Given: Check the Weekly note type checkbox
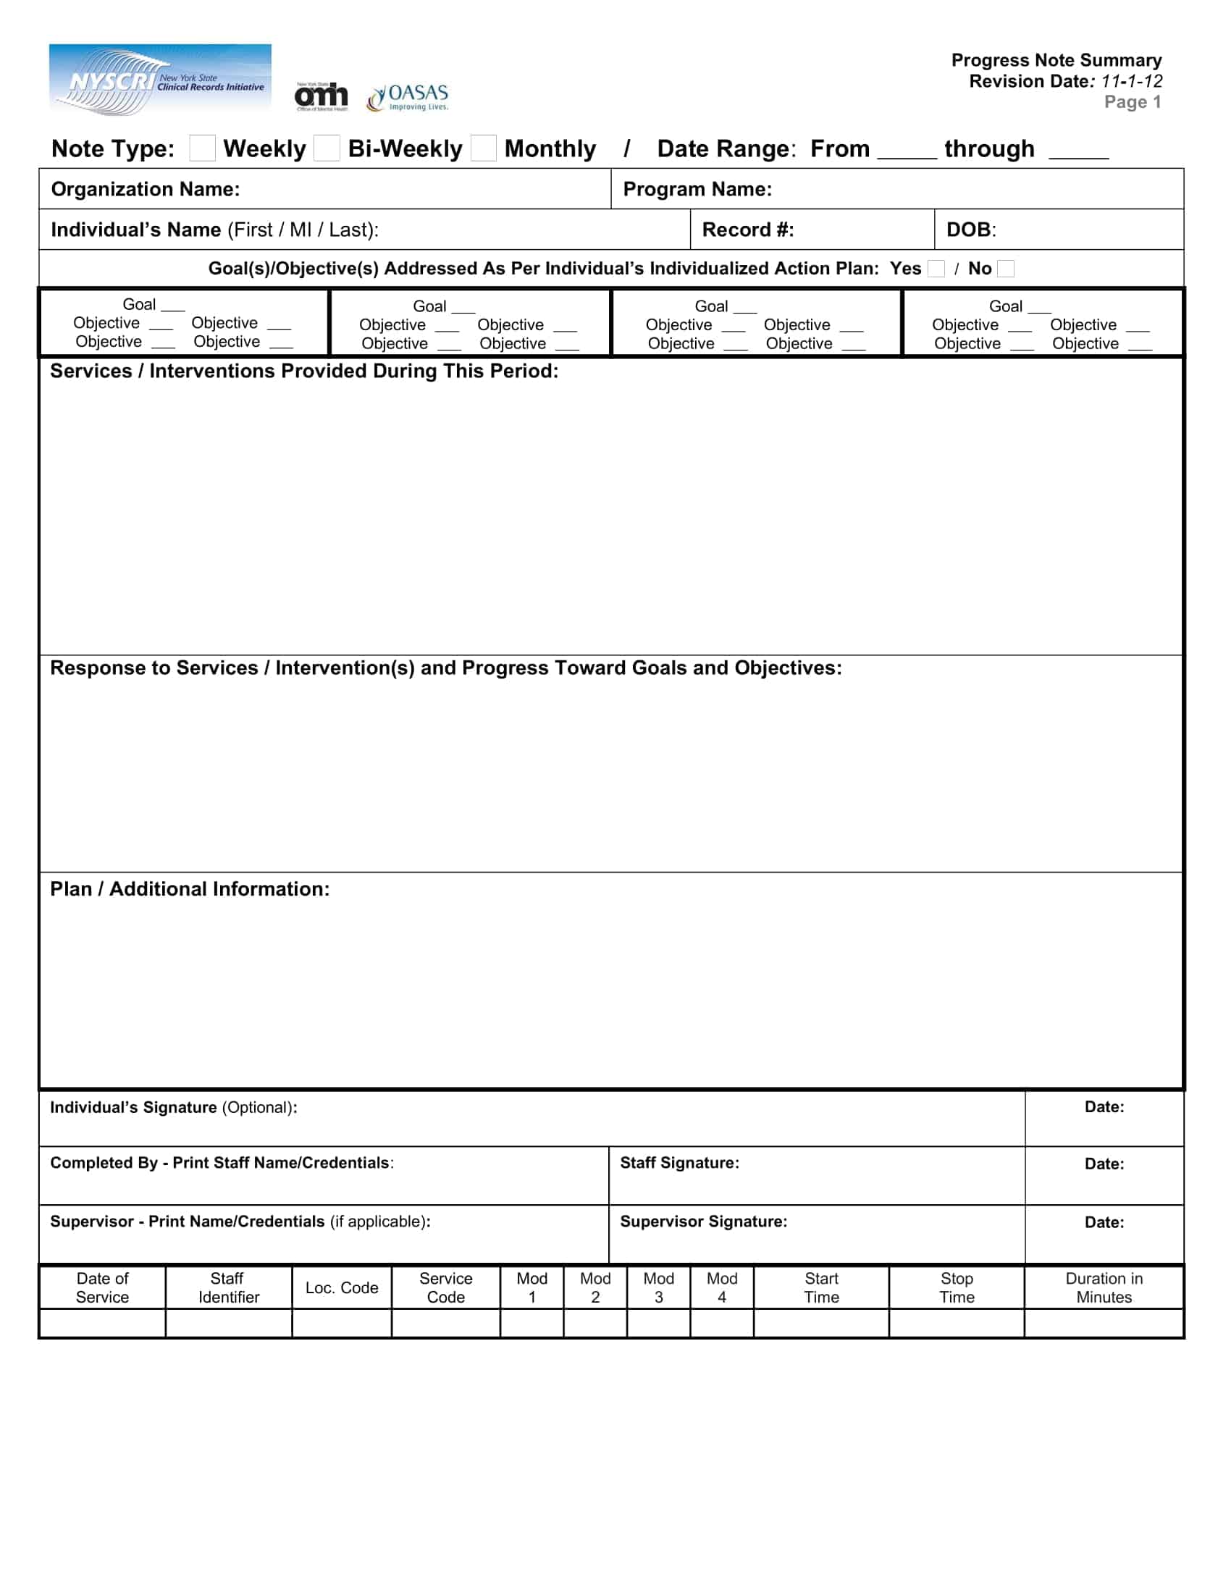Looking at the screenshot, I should coord(202,148).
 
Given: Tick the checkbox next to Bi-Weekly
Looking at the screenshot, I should coord(327,148).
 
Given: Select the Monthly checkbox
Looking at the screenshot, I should coord(484,148).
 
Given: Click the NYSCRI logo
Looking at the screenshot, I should coord(160,80).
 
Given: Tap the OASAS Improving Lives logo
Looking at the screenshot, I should coord(408,97).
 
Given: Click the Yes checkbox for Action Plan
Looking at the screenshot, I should coord(936,269).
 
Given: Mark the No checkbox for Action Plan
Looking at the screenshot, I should coord(1006,269).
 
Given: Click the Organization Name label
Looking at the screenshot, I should coord(145,190).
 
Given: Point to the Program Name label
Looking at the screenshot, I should coord(697,190).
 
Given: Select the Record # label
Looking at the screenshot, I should coord(747,230).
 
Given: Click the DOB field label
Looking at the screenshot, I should coord(970,230).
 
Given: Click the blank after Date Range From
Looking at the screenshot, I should coord(907,152).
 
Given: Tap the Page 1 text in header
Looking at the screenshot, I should coord(1132,102).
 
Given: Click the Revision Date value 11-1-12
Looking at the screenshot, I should coord(1132,81).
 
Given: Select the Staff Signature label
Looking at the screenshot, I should coord(679,1163).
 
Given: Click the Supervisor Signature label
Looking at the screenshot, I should coord(703,1221).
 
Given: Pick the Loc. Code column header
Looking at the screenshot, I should coord(341,1287).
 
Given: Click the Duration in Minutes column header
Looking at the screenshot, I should coord(1104,1287).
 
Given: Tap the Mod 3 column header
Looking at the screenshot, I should coord(657,1287).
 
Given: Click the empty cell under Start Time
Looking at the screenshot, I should coord(821,1322).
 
